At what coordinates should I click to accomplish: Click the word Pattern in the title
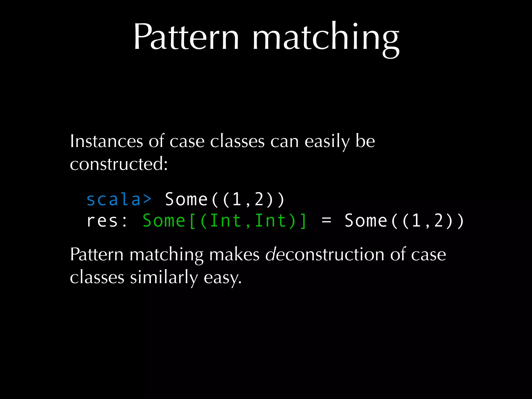[x=186, y=37]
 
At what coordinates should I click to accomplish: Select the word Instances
[x=107, y=142]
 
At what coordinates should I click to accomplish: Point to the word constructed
[x=119, y=164]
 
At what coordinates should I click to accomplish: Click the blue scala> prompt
[x=119, y=200]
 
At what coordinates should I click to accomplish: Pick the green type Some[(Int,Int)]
[x=225, y=221]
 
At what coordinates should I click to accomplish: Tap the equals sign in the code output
[x=326, y=221]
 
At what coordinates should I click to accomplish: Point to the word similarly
[x=164, y=277]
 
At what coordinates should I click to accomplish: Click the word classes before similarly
[x=97, y=277]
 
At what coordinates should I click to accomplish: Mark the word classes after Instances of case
[x=237, y=142]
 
